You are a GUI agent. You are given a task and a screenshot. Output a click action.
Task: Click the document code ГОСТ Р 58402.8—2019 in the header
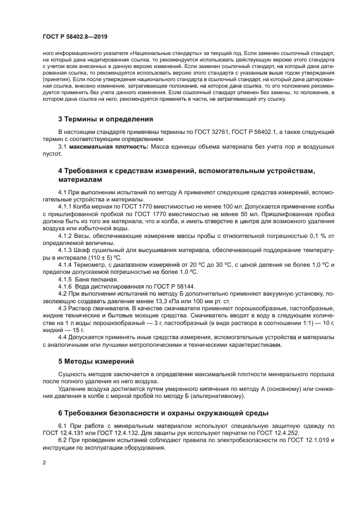tap(75, 36)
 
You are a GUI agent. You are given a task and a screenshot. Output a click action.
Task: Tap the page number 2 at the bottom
tap(44, 462)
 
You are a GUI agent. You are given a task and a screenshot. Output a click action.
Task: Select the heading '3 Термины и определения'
tap(106, 119)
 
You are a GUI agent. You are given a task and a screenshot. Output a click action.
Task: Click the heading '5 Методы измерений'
tap(95, 361)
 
